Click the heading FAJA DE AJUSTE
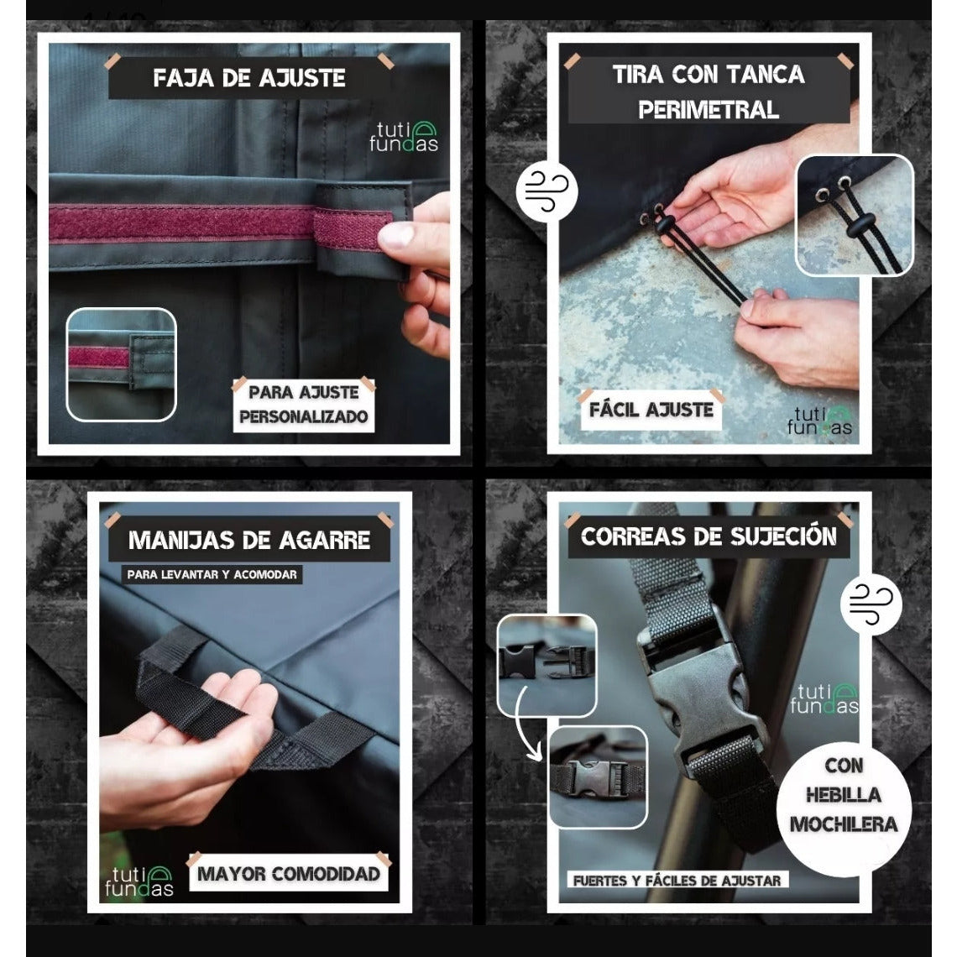pos(249,78)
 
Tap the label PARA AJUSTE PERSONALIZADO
pos(303,405)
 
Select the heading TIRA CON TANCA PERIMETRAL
pos(708,92)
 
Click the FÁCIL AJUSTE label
pos(651,410)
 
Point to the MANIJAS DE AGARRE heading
pos(249,540)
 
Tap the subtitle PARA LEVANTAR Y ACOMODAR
pos(212,574)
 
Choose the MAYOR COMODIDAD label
pos(289,874)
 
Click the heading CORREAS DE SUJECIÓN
pos(709,536)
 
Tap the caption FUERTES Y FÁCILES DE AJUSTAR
pos(677,881)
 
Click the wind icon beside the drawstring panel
pos(546,191)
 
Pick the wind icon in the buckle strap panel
pos(871,604)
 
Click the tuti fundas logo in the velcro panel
pos(404,137)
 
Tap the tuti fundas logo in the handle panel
pos(139,881)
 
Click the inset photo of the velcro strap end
pos(121,365)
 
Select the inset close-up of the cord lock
pos(855,215)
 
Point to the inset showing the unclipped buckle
pos(546,665)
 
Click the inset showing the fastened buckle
pos(598,777)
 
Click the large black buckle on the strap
pos(702,693)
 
